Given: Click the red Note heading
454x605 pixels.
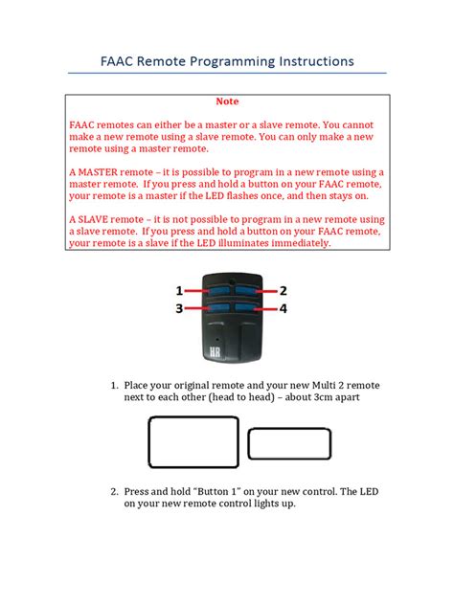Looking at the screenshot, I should [x=227, y=101].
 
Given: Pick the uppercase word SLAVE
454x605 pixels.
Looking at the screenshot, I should [x=97, y=219].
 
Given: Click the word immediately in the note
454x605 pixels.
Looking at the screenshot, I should [x=289, y=243].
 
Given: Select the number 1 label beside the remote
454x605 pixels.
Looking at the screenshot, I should [x=179, y=290].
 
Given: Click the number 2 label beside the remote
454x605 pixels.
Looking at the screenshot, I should [x=284, y=290].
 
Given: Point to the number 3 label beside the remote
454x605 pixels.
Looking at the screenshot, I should [x=179, y=308].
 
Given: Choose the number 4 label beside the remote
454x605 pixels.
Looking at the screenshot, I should [x=284, y=308].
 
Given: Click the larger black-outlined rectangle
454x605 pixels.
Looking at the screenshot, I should [x=193, y=441].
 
